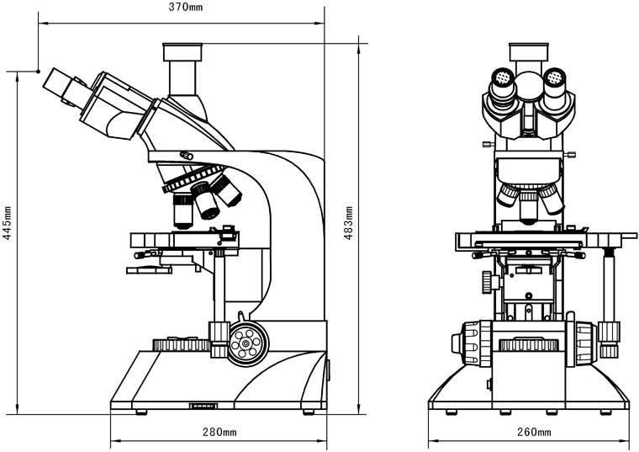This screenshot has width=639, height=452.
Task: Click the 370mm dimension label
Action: point(185,8)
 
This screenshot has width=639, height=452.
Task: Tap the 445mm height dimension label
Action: point(8,225)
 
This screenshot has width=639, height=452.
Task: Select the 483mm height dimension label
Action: point(349,223)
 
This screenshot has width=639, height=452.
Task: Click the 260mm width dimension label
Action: point(533,432)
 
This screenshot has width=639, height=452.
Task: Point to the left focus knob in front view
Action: point(473,344)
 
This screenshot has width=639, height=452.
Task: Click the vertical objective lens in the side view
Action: point(183,210)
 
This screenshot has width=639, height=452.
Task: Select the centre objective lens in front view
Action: point(529,207)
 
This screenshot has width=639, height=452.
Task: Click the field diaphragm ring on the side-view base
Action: point(181,343)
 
